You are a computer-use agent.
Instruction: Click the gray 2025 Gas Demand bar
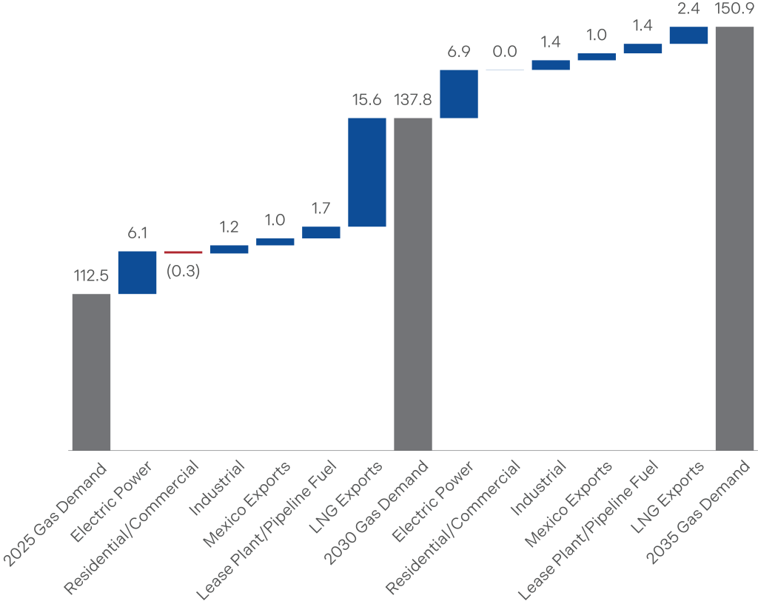pyautogui.click(x=91, y=372)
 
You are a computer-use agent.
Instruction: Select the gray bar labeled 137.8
pyautogui.click(x=413, y=283)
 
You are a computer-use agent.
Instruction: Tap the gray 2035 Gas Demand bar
pyautogui.click(x=735, y=238)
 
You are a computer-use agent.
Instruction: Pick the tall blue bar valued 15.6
pyautogui.click(x=367, y=172)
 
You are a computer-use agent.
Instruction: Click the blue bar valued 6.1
pyautogui.click(x=137, y=272)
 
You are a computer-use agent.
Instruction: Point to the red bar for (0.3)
pyautogui.click(x=183, y=252)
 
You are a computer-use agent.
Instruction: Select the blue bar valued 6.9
pyautogui.click(x=459, y=94)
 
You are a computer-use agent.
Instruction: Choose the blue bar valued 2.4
pyautogui.click(x=688, y=36)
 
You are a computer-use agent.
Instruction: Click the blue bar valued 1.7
pyautogui.click(x=321, y=232)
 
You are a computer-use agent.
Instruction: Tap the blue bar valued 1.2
pyautogui.click(x=229, y=249)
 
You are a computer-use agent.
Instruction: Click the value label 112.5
pyautogui.click(x=91, y=276)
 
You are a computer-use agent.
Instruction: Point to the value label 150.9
pyautogui.click(x=735, y=10)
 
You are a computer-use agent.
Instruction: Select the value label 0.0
pyautogui.click(x=505, y=53)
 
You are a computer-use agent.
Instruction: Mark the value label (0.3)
pyautogui.click(x=183, y=271)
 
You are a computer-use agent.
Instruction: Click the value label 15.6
pyautogui.click(x=367, y=100)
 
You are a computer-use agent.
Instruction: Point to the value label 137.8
pyautogui.click(x=413, y=100)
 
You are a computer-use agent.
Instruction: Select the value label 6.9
pyautogui.click(x=459, y=53)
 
